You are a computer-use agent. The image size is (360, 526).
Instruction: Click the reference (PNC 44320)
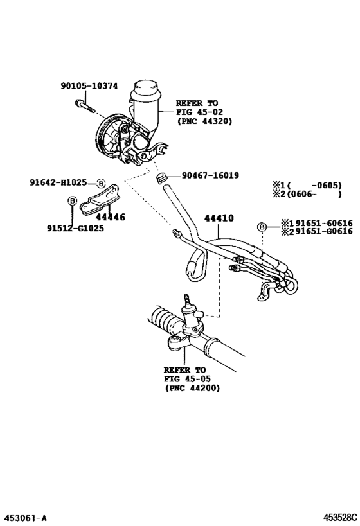point(204,121)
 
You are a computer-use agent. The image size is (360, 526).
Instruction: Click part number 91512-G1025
point(66,228)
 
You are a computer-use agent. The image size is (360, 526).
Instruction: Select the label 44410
point(219,218)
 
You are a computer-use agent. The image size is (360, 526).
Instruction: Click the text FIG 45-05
point(184,380)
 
